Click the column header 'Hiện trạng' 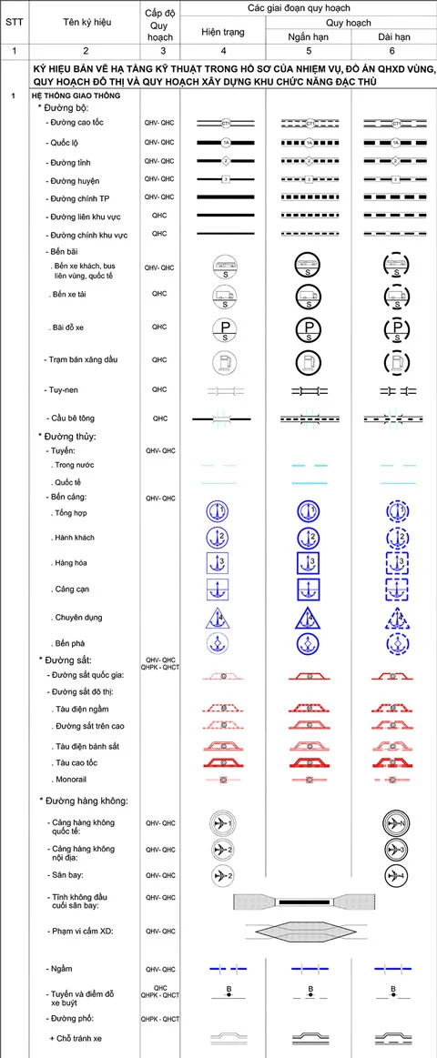(x=222, y=32)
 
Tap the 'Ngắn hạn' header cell (x=310, y=36)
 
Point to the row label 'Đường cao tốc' (x=81, y=121)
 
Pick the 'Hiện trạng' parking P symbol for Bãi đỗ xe (x=224, y=328)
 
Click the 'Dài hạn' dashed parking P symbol (x=397, y=328)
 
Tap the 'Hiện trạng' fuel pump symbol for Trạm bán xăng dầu (x=224, y=361)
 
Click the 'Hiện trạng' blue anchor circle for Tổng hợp (x=222, y=511)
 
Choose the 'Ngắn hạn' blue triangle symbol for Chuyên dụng (x=309, y=619)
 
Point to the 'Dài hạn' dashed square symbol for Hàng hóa (x=397, y=563)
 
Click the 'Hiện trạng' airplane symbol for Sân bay (x=223, y=876)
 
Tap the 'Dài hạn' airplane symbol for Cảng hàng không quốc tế (x=397, y=824)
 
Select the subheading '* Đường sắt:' (x=64, y=659)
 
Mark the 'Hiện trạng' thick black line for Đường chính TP (x=222, y=196)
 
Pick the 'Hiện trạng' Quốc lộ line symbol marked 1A (x=222, y=143)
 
